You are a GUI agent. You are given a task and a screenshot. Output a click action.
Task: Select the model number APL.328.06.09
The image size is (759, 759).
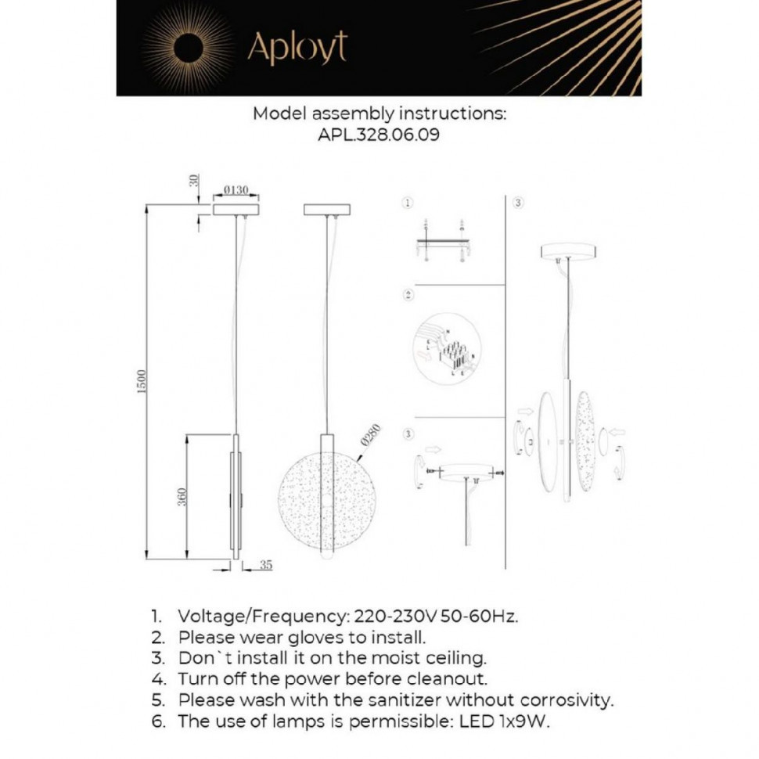point(379,135)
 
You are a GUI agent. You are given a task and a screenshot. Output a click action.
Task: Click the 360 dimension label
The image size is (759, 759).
point(181,497)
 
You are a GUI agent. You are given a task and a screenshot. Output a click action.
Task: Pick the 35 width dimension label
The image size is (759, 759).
point(266,565)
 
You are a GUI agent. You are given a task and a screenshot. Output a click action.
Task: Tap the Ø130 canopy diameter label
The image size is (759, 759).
point(236,190)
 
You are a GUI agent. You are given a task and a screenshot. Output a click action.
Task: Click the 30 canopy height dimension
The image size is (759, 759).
point(193,181)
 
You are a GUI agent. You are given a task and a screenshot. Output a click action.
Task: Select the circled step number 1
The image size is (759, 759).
point(407,203)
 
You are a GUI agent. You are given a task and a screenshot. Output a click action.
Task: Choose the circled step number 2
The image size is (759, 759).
point(407,296)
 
